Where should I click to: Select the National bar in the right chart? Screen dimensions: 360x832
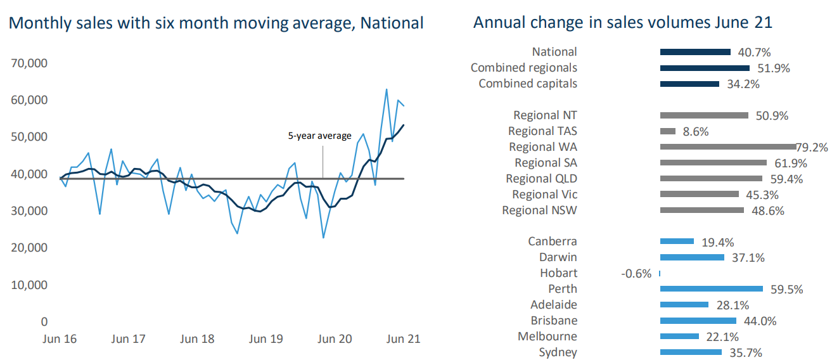[695, 52]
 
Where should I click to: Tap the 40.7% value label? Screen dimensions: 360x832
[754, 53]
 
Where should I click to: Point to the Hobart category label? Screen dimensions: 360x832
[558, 273]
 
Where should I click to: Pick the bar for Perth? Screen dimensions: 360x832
[711, 289]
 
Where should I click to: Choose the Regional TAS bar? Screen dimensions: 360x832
[667, 131]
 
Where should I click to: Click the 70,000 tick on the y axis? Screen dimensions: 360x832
[29, 63]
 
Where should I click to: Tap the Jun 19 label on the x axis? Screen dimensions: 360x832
[266, 339]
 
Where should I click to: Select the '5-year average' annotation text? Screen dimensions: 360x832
[319, 136]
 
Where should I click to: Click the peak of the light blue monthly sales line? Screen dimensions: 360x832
[386, 89]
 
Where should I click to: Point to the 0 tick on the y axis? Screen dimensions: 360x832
[44, 322]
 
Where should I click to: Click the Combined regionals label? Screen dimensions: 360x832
[523, 68]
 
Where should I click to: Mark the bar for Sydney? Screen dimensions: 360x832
[691, 352]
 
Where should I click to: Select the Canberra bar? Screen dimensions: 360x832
[678, 241]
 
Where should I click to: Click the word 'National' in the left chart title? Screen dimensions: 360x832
[392, 23]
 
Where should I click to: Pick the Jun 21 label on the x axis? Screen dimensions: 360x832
[403, 339]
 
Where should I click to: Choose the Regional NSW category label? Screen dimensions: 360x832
[539, 210]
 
